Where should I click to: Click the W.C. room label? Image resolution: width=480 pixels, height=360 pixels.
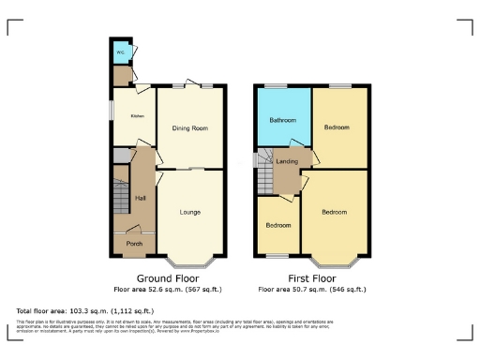point(120,52)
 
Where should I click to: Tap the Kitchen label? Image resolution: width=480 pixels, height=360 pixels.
point(137,116)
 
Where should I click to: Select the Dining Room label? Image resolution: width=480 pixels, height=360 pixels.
point(190,127)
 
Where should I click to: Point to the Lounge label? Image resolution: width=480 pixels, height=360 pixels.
point(190,212)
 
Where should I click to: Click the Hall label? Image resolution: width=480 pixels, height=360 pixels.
point(141,198)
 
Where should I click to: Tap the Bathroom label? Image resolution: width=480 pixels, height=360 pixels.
point(283,121)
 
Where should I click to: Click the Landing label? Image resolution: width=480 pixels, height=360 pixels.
point(288,162)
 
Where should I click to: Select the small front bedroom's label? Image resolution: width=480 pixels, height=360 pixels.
point(277,226)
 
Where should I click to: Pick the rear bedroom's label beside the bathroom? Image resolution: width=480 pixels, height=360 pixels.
point(337,127)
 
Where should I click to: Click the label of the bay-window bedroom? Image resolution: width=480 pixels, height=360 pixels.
point(335,212)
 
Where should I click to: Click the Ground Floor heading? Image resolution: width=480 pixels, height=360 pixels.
point(167,278)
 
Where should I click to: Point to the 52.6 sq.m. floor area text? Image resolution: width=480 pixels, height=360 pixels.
point(167,291)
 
